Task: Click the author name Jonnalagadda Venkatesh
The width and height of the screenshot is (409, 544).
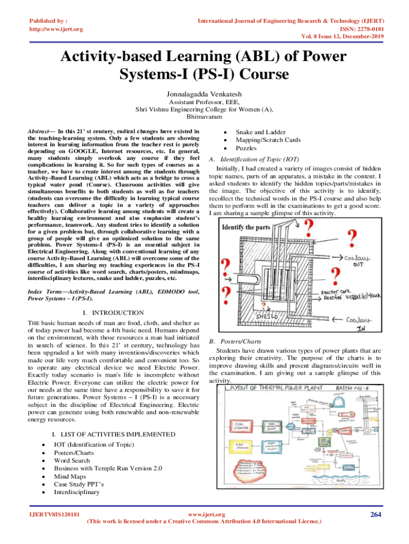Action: (x=204, y=91)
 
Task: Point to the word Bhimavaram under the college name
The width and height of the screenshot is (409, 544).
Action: (x=204, y=116)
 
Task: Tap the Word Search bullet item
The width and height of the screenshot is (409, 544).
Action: (x=72, y=461)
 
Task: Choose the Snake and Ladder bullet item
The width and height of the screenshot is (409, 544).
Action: (x=261, y=132)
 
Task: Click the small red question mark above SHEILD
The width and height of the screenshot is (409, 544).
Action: (x=264, y=304)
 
